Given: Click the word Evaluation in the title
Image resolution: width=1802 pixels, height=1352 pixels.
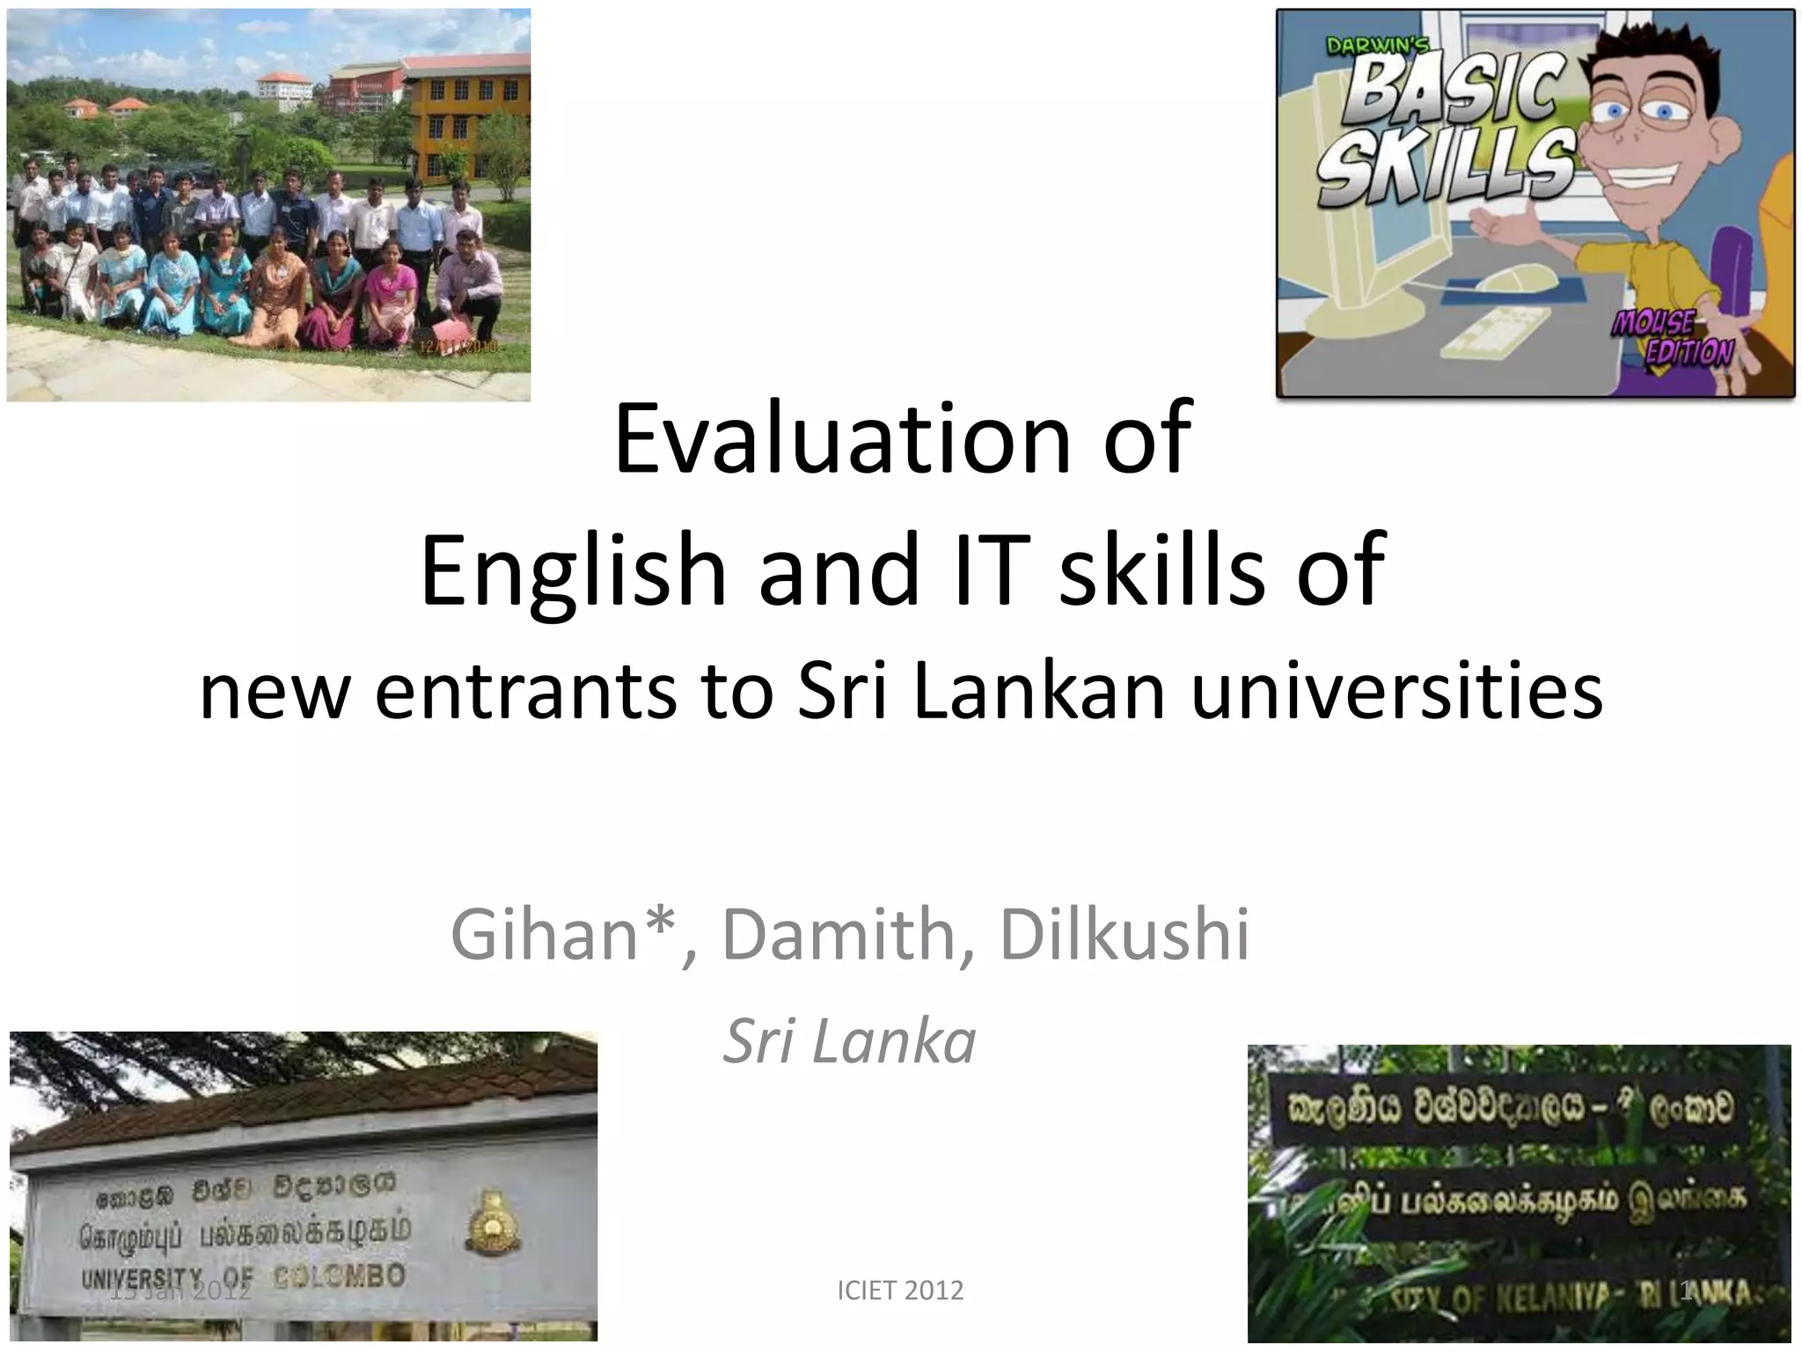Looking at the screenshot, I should click(841, 439).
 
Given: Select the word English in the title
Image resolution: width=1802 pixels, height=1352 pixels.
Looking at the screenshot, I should click(573, 569).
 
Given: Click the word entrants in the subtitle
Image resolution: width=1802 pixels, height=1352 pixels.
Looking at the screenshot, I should click(526, 692).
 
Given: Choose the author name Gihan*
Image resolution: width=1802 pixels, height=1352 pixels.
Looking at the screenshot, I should click(563, 935).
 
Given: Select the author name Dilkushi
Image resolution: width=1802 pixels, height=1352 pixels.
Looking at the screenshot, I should click(1124, 935).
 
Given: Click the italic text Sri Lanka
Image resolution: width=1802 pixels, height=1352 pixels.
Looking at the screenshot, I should click(849, 1041).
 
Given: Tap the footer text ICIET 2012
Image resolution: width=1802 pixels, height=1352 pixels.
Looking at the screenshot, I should click(900, 1290).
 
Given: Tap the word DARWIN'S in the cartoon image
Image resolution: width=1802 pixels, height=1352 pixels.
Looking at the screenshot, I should click(1378, 47).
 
